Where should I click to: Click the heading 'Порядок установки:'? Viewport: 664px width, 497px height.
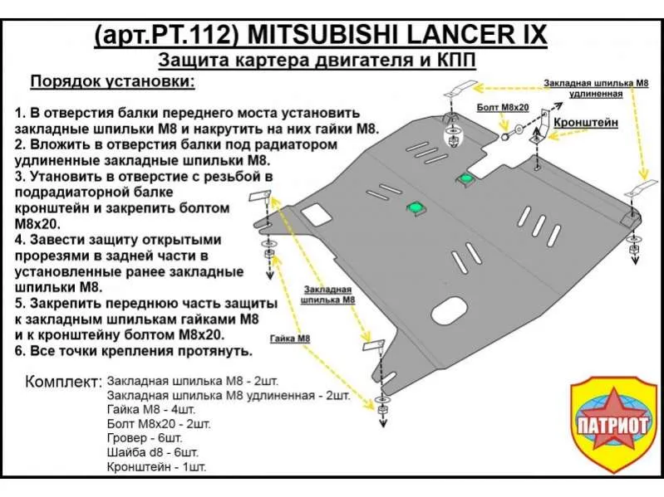pyautogui.click(x=113, y=81)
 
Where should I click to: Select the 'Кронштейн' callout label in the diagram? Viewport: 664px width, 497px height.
pyautogui.click(x=586, y=123)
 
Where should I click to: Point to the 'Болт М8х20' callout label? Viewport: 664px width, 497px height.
pyautogui.click(x=503, y=107)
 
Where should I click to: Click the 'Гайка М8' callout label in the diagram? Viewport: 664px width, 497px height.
pyautogui.click(x=290, y=339)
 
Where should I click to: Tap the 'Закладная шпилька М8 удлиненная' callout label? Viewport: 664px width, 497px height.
pyautogui.click(x=596, y=88)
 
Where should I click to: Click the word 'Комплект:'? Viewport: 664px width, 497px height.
pyautogui.click(x=63, y=382)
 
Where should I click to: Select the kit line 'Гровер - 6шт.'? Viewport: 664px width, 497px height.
pyautogui.click(x=145, y=438)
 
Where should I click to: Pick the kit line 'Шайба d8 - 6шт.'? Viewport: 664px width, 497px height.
pyautogui.click(x=152, y=452)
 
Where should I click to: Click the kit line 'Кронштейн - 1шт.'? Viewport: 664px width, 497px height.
pyautogui.click(x=157, y=467)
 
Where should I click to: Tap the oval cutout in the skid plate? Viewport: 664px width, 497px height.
pyautogui.click(x=450, y=311)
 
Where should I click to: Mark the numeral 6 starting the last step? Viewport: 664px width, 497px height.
pyautogui.click(x=19, y=351)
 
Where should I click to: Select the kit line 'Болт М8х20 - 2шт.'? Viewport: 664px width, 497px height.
pyautogui.click(x=159, y=423)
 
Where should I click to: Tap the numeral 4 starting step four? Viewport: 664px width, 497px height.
pyautogui.click(x=19, y=240)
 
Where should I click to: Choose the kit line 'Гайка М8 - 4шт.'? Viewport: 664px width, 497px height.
pyautogui.click(x=151, y=409)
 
